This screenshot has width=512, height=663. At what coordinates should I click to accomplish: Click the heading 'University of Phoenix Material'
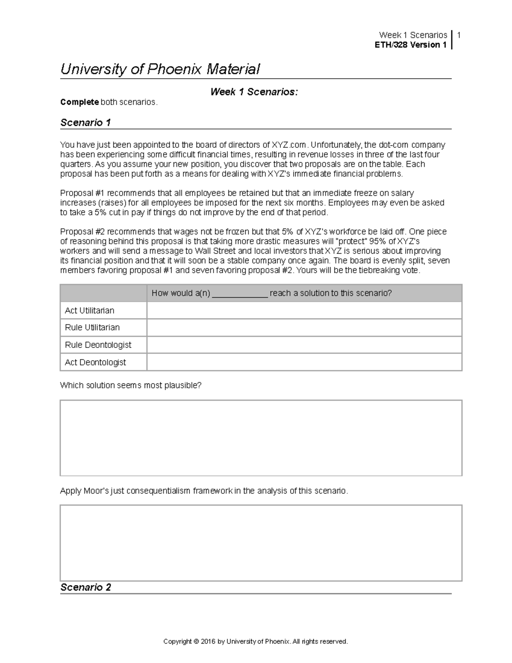160,69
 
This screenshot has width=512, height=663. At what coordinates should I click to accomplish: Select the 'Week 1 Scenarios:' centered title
254,92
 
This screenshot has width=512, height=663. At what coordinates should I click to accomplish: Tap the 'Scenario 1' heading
86,123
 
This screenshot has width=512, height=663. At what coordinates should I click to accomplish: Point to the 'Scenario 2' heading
86,587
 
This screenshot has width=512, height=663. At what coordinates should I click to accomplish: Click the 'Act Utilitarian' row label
90,310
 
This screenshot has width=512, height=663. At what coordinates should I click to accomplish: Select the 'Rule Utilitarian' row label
92,327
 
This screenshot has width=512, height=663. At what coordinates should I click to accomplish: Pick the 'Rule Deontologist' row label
98,345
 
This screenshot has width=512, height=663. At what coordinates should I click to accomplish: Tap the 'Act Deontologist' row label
95,362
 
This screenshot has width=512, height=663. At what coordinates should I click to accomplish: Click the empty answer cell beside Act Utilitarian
304,310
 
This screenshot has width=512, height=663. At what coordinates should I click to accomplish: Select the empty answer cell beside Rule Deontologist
304,345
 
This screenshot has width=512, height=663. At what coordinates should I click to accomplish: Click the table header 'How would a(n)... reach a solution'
272,293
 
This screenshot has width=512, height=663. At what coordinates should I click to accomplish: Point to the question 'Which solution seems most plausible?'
131,385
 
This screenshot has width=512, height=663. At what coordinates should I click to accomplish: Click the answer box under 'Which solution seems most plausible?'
261,438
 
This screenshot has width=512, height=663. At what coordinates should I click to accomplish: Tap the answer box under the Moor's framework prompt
261,543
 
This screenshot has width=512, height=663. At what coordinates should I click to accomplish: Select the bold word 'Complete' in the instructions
79,102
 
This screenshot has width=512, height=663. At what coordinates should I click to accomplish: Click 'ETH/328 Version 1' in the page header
410,45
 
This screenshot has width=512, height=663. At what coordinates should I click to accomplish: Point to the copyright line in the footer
256,641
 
